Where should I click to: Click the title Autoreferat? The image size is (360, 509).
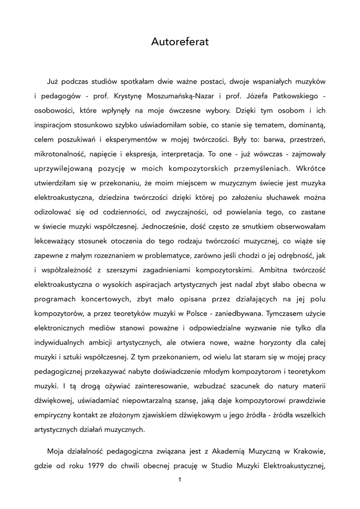(180, 43)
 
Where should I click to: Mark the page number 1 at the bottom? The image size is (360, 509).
(180, 480)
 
